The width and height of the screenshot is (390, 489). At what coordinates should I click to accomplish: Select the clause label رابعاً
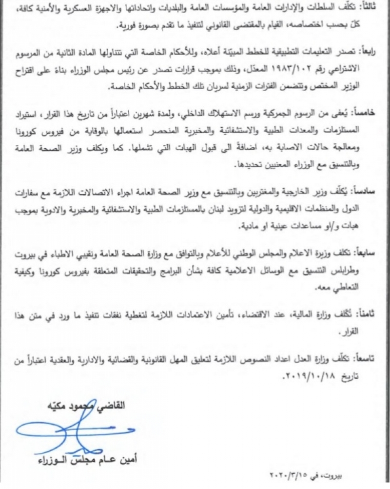[x=372, y=51]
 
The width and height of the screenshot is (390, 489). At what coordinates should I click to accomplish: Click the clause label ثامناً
[x=372, y=312]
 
